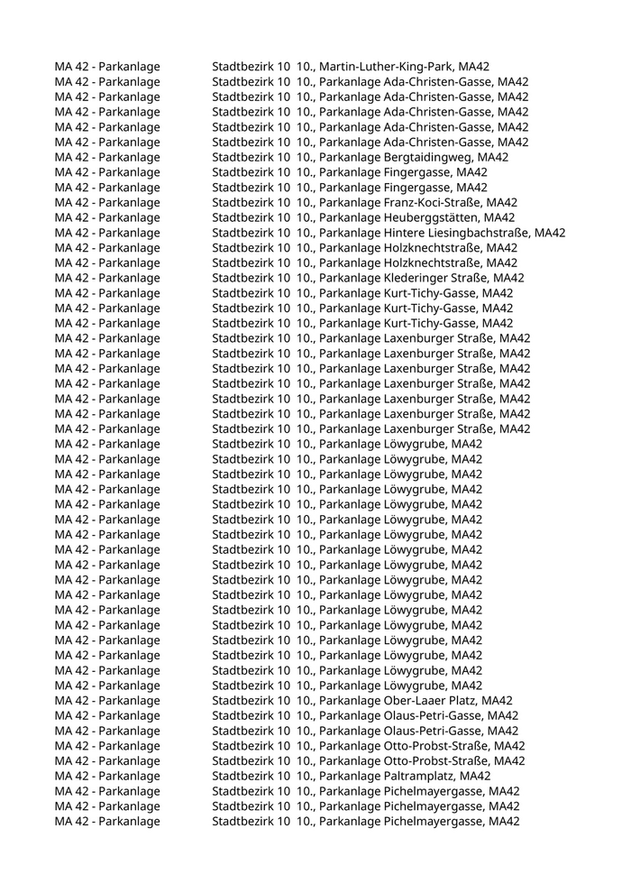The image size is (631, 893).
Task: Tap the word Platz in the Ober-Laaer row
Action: (x=464, y=701)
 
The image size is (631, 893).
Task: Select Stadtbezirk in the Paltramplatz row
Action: (x=242, y=776)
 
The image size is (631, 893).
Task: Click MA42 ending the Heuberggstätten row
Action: (x=500, y=217)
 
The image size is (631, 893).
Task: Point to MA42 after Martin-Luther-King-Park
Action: (x=473, y=67)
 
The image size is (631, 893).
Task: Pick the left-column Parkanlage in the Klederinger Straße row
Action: (x=129, y=278)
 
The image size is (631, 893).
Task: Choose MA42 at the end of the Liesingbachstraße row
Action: (x=550, y=233)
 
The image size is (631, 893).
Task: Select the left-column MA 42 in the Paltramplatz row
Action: (x=71, y=776)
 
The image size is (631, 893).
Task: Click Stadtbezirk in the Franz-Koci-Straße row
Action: (x=242, y=203)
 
